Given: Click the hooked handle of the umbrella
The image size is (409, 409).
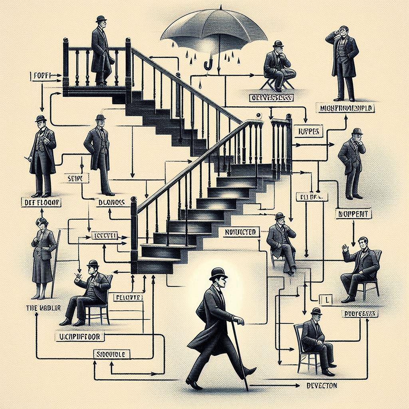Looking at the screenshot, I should [x=207, y=65].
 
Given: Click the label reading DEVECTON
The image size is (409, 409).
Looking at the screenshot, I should [x=322, y=386].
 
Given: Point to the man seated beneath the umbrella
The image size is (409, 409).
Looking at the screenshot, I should [x=278, y=66].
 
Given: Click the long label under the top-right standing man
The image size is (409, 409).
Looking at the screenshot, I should [x=347, y=108].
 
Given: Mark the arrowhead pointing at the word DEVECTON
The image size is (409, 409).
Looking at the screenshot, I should [x=298, y=385].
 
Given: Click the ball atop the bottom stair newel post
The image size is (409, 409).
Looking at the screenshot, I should [x=134, y=199].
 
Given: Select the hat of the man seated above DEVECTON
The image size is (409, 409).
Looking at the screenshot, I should [x=316, y=311].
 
